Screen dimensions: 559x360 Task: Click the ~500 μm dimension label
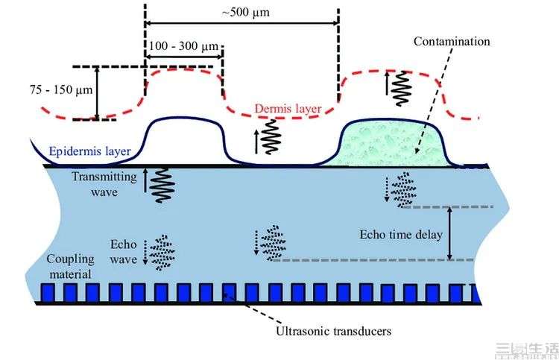pos(246,13)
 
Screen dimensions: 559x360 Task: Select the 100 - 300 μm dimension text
pos(183,46)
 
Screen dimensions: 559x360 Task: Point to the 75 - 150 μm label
pos(61,90)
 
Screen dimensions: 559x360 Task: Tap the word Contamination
pos(452,41)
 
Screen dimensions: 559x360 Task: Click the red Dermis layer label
pos(288,108)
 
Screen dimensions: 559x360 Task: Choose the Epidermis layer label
pos(90,151)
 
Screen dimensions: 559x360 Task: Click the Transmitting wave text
pos(104,184)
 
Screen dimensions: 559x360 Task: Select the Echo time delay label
pos(401,235)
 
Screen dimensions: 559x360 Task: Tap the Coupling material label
pos(71,266)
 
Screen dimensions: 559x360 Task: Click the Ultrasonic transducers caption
pos(334,331)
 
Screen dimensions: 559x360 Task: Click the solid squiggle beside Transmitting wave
pos(162,186)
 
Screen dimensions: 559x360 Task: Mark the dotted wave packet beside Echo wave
pos(162,253)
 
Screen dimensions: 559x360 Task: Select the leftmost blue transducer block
pos(48,293)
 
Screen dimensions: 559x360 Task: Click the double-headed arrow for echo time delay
pos(449,233)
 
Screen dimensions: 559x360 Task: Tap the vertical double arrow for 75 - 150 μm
pos(97,93)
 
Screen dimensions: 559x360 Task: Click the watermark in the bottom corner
pos(527,350)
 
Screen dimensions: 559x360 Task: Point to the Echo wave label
pos(123,252)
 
